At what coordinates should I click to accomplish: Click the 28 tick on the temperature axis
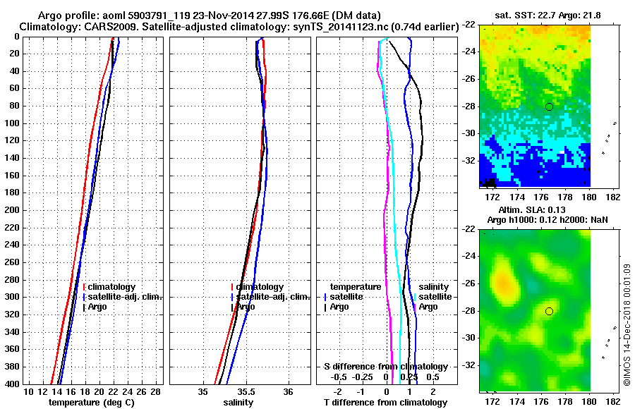pyautogui.click(x=157, y=391)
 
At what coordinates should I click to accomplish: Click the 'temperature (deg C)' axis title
pyautogui.click(x=91, y=402)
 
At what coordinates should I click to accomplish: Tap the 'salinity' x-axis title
pyautogui.click(x=238, y=402)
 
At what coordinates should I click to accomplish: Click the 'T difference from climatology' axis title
pyautogui.click(x=385, y=402)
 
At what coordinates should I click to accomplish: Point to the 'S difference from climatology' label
pyautogui.click(x=385, y=367)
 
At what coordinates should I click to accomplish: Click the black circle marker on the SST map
pyautogui.click(x=549, y=106)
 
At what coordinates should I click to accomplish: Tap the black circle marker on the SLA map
pyautogui.click(x=549, y=311)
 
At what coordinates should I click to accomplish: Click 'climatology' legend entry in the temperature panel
pyautogui.click(x=111, y=287)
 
